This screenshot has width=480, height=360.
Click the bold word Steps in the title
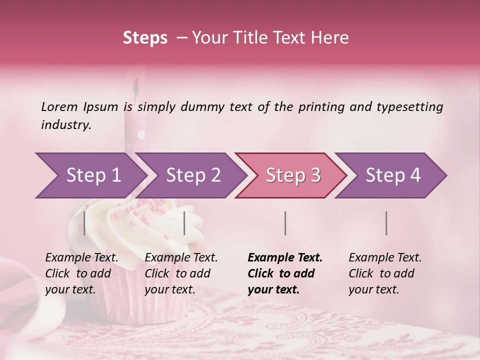pos(145,38)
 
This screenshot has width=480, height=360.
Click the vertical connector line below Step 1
pos(84,223)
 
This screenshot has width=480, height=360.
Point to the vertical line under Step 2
pos(184,223)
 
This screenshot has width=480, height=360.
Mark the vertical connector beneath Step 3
pos(285,223)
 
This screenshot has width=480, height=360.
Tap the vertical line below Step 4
pos(386,223)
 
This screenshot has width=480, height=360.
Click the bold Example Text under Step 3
pos(285,273)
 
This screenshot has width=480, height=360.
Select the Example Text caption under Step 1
pos(81,273)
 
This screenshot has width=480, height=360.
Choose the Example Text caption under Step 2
pos(181,273)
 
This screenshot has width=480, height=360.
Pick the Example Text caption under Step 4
pos(385,273)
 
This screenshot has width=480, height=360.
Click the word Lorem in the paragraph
pos(59,107)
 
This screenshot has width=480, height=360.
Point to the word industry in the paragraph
pos(66,125)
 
